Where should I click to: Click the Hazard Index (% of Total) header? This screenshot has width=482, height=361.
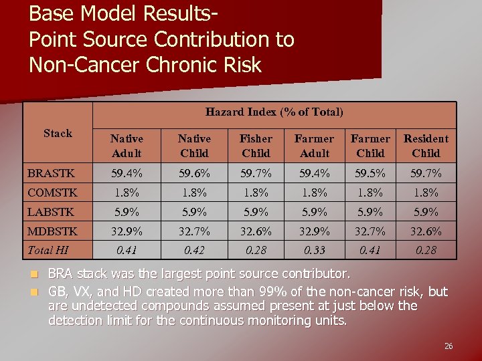[274, 112]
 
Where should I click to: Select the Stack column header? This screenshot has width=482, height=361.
[58, 133]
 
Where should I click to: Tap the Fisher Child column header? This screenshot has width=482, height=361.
[256, 146]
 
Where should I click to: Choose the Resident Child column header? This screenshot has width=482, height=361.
[426, 146]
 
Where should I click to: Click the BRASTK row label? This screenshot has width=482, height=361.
[51, 173]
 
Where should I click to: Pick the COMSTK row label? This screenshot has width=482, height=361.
[52, 193]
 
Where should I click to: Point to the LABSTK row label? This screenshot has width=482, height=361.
[51, 212]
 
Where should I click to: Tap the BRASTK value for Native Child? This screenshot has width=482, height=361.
[194, 173]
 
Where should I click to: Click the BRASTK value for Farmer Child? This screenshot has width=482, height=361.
[370, 173]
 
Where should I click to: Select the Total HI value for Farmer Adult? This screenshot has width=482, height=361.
[314, 250]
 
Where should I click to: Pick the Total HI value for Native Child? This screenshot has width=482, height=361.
[194, 250]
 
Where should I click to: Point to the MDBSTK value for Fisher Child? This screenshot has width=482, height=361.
[256, 231]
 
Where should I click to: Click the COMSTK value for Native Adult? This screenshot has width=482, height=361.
[127, 193]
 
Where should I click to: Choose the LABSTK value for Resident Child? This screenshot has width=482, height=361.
[426, 212]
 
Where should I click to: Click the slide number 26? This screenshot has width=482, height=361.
[448, 346]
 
